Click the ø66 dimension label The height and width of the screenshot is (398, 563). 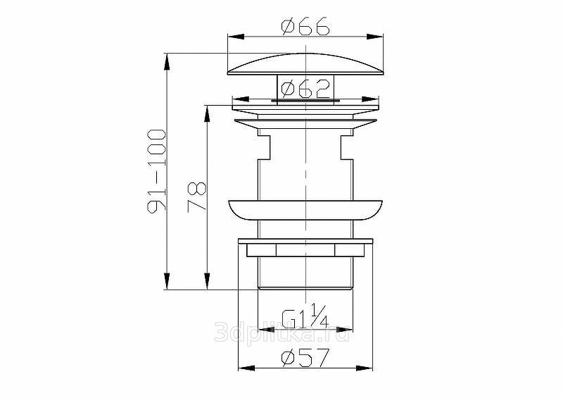[x=305, y=26]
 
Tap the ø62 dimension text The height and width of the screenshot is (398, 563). [x=305, y=89]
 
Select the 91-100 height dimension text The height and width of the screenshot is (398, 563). [x=157, y=171]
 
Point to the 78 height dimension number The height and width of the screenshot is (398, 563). [x=197, y=197]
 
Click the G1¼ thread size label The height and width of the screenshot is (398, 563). [x=305, y=316]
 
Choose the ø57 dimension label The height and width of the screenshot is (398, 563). [x=305, y=358]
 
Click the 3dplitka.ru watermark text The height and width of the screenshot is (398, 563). [x=282, y=332]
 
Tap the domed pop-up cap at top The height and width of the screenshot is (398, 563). [x=305, y=64]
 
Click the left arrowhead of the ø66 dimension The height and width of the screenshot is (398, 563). [x=236, y=37]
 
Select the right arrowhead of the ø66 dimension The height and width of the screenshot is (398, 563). [x=375, y=37]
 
